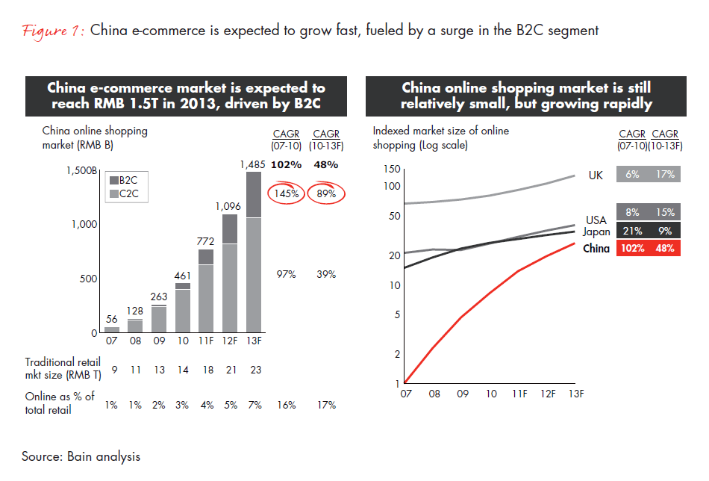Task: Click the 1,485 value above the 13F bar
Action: [x=253, y=164]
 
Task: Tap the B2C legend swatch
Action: [x=114, y=180]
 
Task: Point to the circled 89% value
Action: [x=325, y=194]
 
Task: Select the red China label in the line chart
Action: [x=596, y=249]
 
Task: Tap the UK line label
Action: [x=595, y=176]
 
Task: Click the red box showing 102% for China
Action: [x=632, y=249]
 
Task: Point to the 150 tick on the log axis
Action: [x=391, y=170]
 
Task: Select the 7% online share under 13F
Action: [x=253, y=405]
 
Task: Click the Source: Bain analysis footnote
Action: [x=81, y=456]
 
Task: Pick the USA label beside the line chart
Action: [x=596, y=220]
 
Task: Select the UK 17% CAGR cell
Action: [x=664, y=175]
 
